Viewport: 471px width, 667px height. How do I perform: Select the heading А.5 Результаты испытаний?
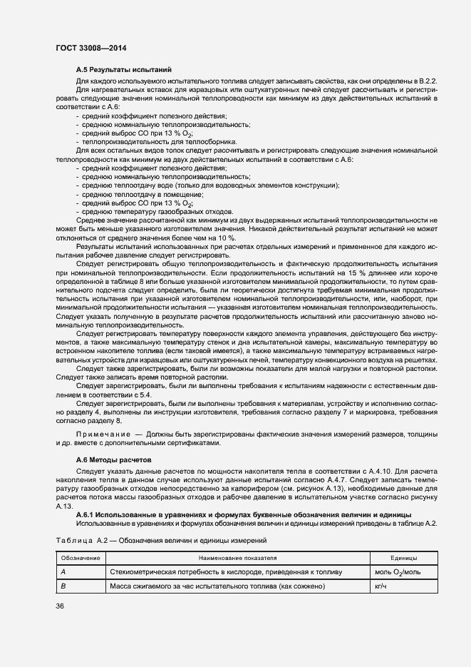pyautogui.click(x=123, y=70)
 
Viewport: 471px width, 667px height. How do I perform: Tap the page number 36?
pyautogui.click(x=59, y=606)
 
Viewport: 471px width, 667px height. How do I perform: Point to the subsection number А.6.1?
pyautogui.click(x=89, y=514)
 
